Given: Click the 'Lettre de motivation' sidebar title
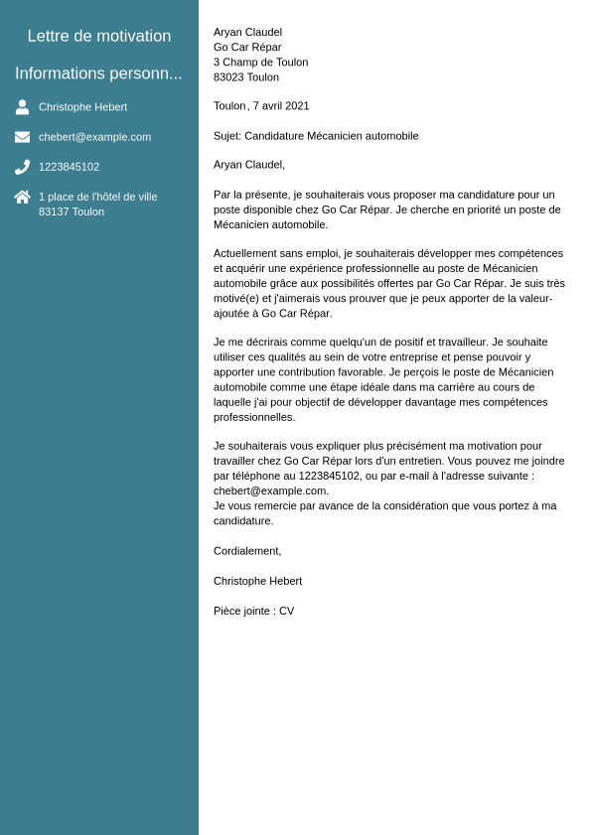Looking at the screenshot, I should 99,36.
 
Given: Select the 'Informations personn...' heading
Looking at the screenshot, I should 98,73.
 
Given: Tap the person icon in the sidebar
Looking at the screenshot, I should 22,107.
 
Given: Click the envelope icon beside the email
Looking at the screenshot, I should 22,137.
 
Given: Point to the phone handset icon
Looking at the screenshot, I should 22,167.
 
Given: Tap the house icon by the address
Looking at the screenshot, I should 22,197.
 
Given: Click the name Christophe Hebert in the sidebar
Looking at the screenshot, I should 82,107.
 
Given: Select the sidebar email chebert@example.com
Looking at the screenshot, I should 94,137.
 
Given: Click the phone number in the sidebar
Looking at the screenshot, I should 69,167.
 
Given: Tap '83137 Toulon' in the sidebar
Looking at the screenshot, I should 71,211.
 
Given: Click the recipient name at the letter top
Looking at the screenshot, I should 247,32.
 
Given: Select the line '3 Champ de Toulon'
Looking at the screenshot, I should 260,62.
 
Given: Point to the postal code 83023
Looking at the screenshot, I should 228,76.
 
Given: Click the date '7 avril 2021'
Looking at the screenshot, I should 281,105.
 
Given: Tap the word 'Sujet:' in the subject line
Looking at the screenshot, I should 227,135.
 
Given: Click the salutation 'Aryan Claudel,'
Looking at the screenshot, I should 248,164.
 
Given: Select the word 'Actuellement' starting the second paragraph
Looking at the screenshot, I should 245,253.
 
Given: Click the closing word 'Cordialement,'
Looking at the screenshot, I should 247,551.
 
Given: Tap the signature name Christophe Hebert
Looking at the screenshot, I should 257,581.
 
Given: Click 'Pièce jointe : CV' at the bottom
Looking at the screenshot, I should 253,611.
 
